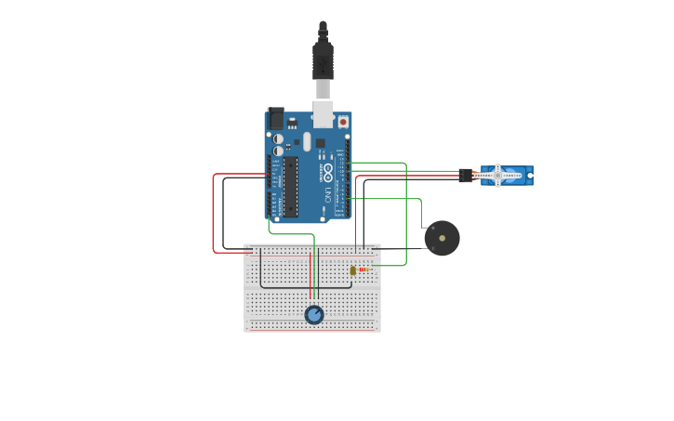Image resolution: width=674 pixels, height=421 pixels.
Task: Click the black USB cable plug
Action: coord(323,59)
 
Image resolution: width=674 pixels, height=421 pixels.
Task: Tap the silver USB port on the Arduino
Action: coord(323,113)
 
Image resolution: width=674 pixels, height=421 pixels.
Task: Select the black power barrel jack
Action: coord(275,119)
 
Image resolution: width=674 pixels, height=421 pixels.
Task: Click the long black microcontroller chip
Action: coord(291,187)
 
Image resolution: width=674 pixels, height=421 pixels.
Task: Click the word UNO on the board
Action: coord(328,194)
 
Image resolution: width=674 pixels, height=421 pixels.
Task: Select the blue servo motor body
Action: coord(508,175)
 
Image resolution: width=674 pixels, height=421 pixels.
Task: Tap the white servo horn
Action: coord(498,175)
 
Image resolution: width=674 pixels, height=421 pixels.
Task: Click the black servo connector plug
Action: coord(466,175)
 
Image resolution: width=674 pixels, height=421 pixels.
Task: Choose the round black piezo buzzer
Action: coord(442,238)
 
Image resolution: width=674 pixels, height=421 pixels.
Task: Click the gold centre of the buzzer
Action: coord(443,239)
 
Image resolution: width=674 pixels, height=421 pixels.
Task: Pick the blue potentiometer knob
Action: coord(314,315)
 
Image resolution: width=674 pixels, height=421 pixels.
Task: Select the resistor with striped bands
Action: coord(363,270)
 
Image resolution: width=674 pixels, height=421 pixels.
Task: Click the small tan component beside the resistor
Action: coord(352,270)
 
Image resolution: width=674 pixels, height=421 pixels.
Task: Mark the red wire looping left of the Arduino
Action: coord(215,214)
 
